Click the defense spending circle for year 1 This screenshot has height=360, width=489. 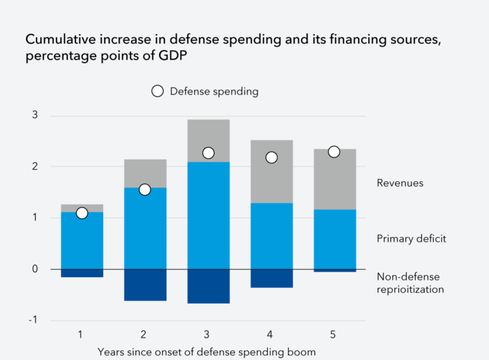pos(82,213)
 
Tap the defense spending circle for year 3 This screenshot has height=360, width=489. pos(209,153)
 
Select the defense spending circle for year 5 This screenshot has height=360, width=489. pos(333,151)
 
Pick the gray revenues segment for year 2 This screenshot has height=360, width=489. pos(145,173)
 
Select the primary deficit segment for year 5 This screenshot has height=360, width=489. pos(335,239)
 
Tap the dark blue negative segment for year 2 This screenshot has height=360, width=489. pos(145,285)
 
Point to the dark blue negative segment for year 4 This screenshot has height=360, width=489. pos(272,278)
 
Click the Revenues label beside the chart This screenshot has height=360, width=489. pos(400,183)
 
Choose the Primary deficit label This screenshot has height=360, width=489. pos(411,239)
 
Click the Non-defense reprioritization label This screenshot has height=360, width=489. pos(410,283)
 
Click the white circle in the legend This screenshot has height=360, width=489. pos(158,91)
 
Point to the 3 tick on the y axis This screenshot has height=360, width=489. pos(35,115)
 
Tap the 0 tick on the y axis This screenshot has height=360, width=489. pos(35,269)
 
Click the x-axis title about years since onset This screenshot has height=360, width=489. pos(206,352)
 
